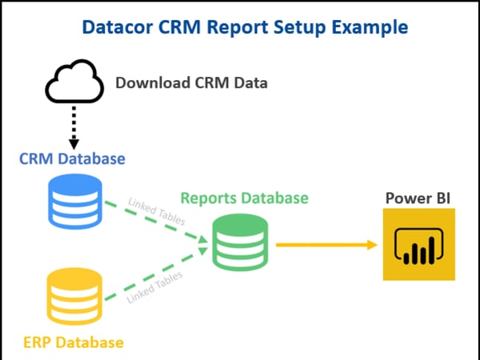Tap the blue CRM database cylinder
(75, 201)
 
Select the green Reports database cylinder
(240, 242)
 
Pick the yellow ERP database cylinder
(74, 296)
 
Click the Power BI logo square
(418, 244)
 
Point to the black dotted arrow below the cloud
(74, 128)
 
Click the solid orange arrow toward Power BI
(326, 245)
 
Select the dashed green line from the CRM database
(156, 222)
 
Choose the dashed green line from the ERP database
(156, 274)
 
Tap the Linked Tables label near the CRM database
(157, 211)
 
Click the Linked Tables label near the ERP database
(155, 287)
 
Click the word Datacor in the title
(118, 27)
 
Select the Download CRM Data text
(192, 82)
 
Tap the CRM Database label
(72, 158)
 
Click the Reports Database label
(244, 198)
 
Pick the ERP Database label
(74, 342)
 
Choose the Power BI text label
(418, 198)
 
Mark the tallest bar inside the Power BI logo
(432, 250)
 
